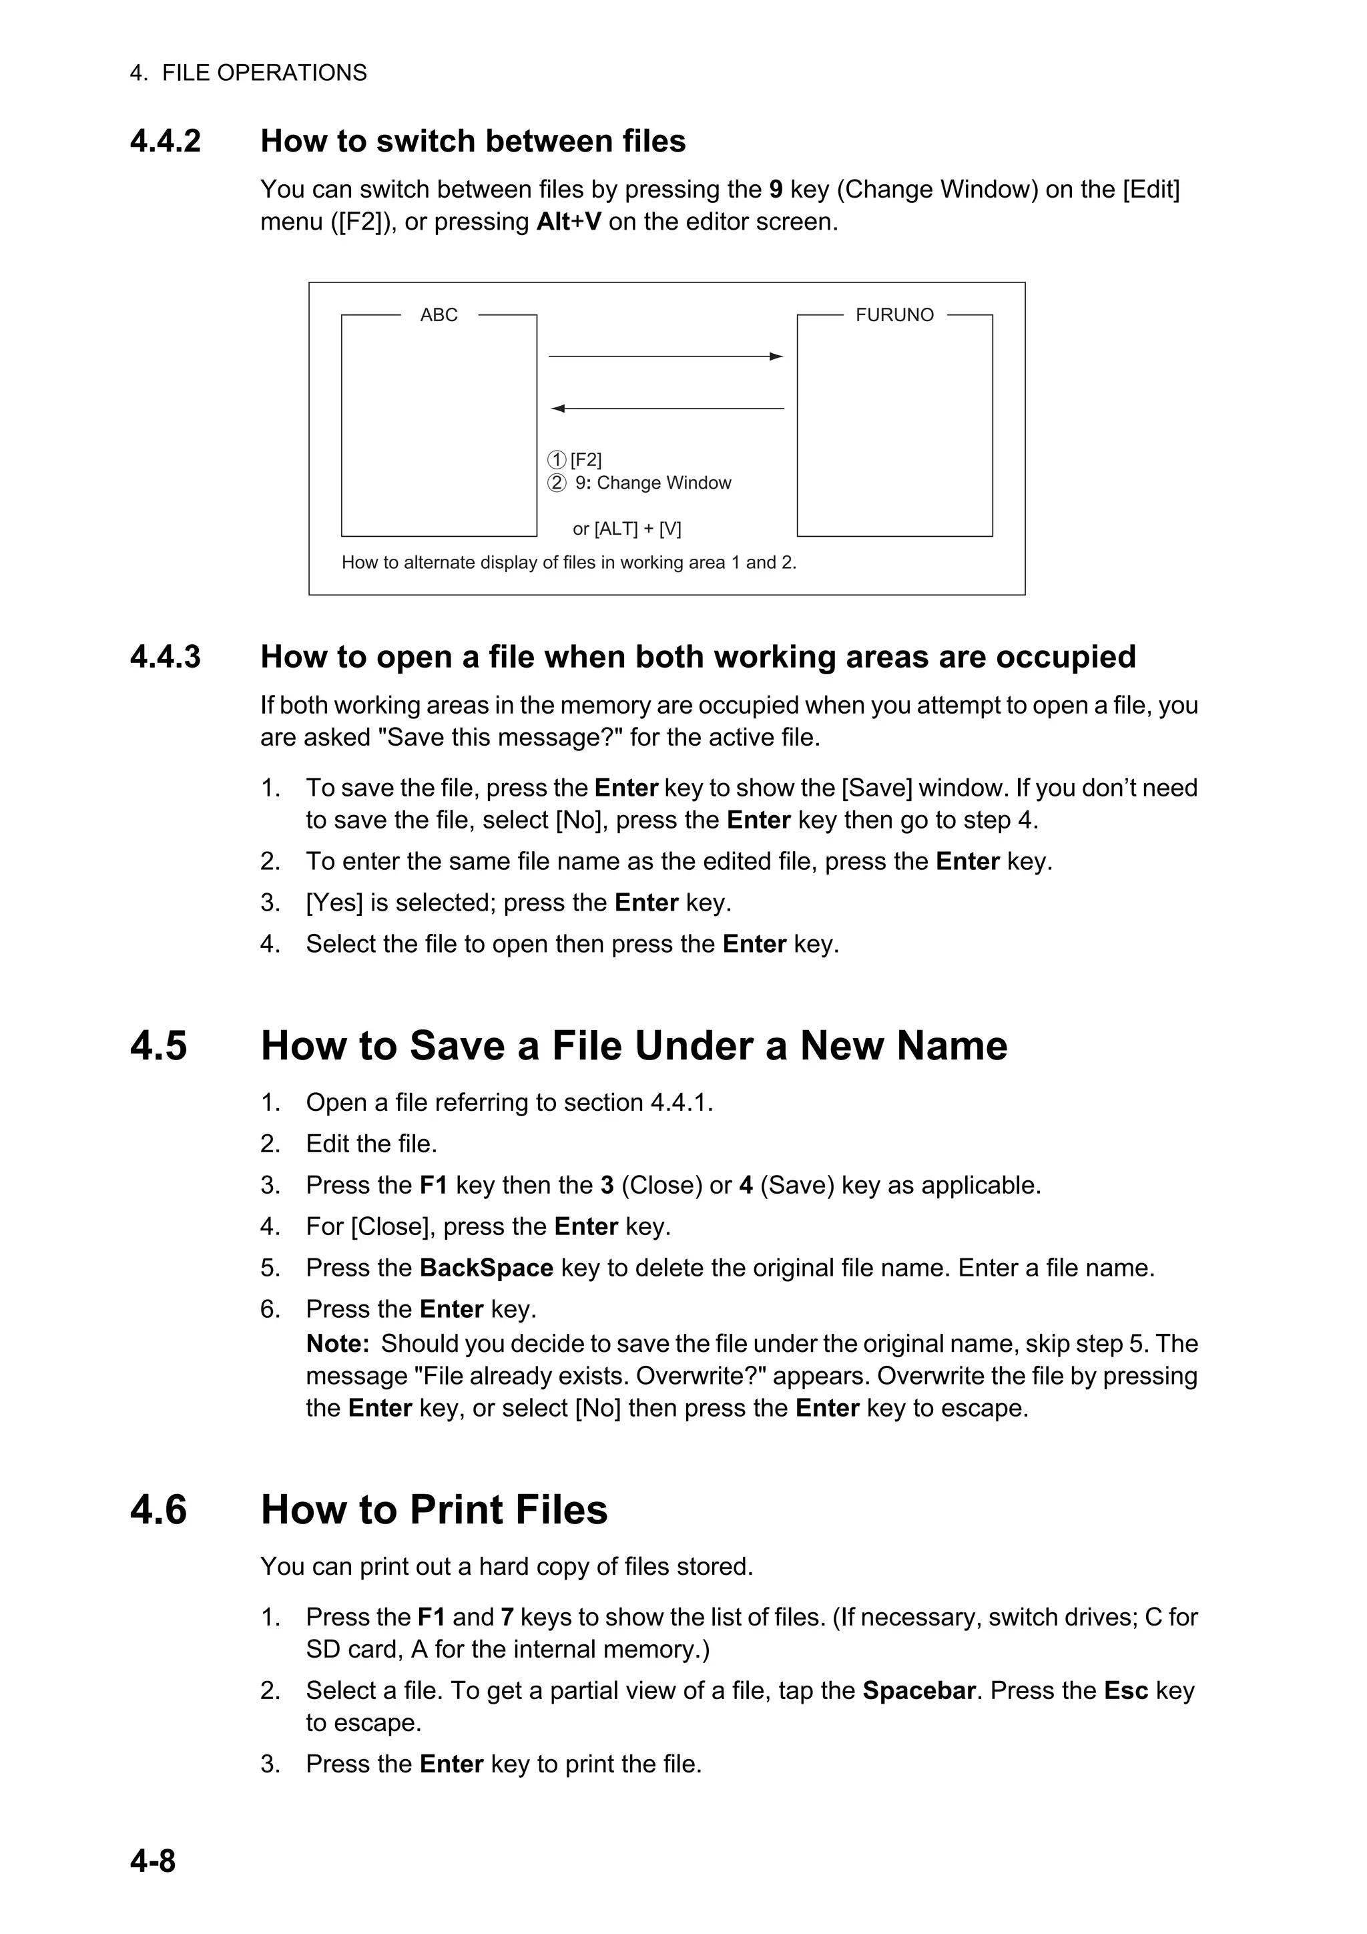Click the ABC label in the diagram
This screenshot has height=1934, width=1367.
point(439,315)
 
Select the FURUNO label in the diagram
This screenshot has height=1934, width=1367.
point(894,315)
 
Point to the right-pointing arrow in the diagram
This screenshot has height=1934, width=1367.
point(665,356)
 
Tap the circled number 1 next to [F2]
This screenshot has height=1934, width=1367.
point(557,460)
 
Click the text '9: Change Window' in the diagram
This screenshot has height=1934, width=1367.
point(653,483)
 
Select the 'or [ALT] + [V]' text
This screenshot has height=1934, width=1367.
point(627,529)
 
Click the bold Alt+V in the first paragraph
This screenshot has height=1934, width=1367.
point(569,222)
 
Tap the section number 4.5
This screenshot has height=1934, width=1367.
point(158,1045)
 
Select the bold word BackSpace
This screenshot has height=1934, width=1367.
point(486,1268)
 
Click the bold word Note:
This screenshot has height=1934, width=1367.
point(338,1344)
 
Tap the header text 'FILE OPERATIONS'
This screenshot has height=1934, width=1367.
point(264,73)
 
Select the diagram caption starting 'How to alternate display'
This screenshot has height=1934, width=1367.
point(569,563)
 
